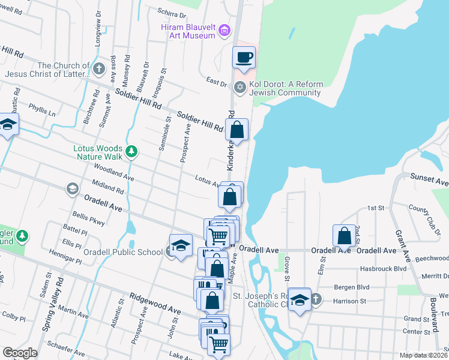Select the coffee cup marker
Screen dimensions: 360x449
tap(244, 58)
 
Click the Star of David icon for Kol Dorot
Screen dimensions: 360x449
tap(240, 88)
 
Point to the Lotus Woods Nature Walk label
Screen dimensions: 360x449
tap(97, 152)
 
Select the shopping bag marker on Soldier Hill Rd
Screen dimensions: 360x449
tap(237, 129)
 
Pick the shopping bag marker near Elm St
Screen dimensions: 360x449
tap(345, 236)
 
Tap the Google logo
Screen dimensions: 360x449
tap(20, 353)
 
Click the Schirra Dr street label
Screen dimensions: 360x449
tap(172, 13)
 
